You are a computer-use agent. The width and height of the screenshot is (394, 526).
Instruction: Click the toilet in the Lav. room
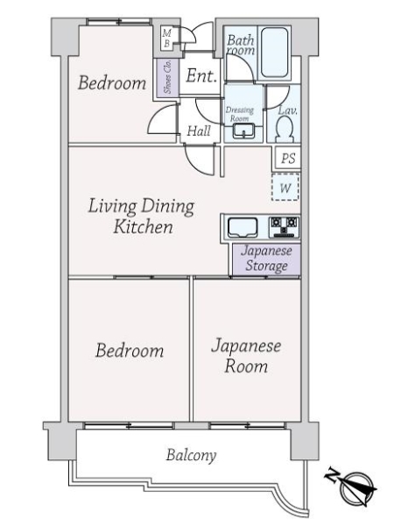284,131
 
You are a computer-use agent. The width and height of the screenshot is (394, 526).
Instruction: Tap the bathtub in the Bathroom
274,53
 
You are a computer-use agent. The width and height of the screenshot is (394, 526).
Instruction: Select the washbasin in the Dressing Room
243,131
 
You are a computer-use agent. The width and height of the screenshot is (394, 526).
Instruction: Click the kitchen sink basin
243,227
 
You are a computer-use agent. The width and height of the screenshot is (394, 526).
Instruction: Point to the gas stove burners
284,227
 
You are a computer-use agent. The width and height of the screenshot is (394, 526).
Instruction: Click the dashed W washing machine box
285,188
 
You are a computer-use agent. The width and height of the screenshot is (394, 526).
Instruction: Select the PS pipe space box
288,158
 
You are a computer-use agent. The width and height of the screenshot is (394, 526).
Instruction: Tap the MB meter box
167,39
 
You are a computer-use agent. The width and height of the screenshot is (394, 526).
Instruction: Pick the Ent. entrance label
201,75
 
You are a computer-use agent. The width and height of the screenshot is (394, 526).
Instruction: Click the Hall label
199,131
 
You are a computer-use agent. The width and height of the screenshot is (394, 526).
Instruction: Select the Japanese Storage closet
266,259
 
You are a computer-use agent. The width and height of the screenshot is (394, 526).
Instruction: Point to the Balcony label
191,455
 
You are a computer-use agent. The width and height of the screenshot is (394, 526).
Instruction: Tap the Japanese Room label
246,356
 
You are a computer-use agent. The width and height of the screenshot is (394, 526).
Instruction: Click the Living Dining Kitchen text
141,217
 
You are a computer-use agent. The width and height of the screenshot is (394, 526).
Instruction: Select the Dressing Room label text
239,114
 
